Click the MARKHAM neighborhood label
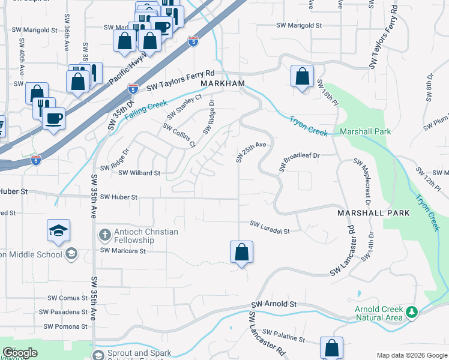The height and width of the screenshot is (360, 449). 223,83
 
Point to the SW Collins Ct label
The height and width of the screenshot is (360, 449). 179,135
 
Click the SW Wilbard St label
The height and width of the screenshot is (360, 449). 139,173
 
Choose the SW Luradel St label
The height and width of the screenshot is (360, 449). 270,227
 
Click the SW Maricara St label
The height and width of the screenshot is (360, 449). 123,250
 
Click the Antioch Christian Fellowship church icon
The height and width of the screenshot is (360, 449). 104,235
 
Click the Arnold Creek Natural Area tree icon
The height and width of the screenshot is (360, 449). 411,312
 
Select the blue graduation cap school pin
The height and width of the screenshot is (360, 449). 59,231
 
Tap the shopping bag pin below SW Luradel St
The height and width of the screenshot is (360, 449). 241,253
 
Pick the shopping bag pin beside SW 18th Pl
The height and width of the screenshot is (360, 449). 302,77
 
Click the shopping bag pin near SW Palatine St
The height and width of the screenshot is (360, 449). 331,348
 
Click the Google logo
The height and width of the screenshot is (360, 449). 19,353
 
